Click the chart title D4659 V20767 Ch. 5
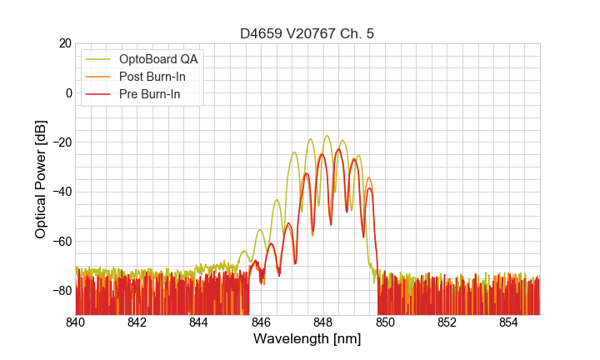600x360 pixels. click(x=307, y=33)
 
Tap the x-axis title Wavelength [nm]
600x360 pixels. click(x=307, y=339)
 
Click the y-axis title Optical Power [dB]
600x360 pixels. click(x=41, y=179)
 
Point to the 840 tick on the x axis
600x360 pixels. click(x=76, y=322)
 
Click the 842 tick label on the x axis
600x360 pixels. click(x=137, y=322)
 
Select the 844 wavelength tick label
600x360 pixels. click(x=199, y=322)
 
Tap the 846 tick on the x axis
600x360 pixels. click(x=261, y=322)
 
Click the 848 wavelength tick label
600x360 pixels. click(x=323, y=322)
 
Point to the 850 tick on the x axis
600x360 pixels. click(x=385, y=322)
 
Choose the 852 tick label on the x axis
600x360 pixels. click(x=447, y=322)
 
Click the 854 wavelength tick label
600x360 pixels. click(x=508, y=322)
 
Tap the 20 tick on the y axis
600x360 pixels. click(x=65, y=43)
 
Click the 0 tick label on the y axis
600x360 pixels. click(x=68, y=92)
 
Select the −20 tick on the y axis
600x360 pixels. click(x=61, y=142)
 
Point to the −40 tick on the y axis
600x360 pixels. click(x=61, y=192)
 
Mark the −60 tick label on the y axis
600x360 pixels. click(x=61, y=241)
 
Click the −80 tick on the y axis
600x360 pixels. click(x=61, y=291)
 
